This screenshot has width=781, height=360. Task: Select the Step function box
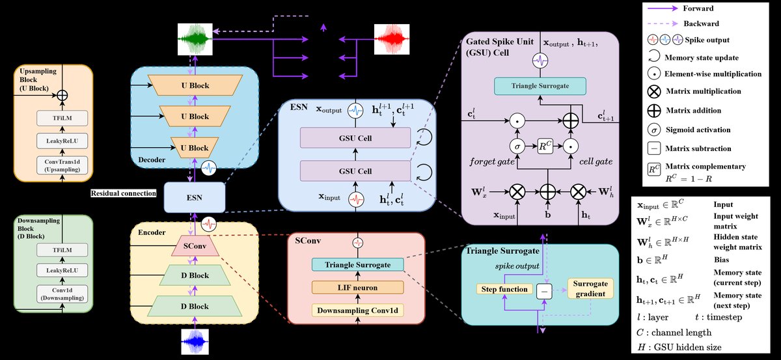click(504, 288)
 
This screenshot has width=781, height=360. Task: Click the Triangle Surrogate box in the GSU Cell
click(541, 86)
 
